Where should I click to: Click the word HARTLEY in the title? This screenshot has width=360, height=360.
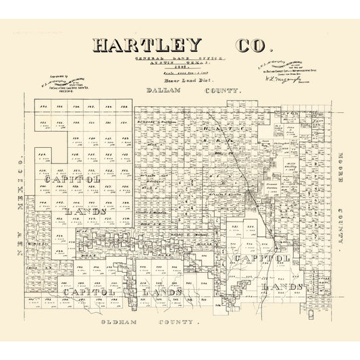tap(147, 45)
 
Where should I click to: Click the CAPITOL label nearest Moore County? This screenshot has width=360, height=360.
tap(263, 258)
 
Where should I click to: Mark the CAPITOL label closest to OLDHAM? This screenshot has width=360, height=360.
tap(92, 291)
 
